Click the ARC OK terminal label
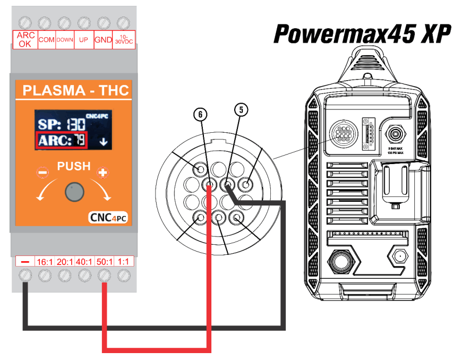(25, 40)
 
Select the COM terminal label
(47, 40)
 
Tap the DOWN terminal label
(65, 40)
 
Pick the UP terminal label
(83, 40)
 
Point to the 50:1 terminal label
(105, 261)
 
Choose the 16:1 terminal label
(45, 261)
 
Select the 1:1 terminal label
(124, 261)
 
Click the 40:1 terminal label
(84, 261)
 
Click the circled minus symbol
(41, 172)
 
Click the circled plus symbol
(101, 172)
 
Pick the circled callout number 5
(241, 110)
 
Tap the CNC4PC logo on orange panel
(108, 218)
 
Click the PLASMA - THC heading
(76, 90)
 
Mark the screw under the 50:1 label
(105, 276)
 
